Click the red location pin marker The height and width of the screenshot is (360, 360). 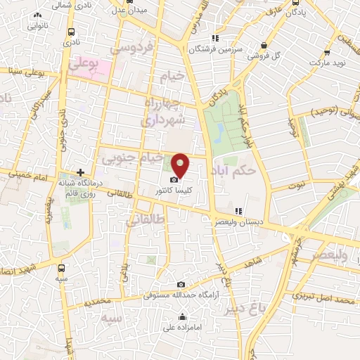click(181, 165)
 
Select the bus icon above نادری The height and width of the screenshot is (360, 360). click(72, 32)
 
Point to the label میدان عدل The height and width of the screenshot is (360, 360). click(129, 11)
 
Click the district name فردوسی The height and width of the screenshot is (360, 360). click(132, 49)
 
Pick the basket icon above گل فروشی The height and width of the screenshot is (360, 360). click(264, 45)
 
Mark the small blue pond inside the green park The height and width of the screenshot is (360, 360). click(220, 131)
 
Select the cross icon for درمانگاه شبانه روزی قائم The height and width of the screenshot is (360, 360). click(81, 172)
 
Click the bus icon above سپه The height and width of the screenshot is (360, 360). click(63, 267)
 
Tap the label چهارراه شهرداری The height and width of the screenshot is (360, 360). click(164, 111)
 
